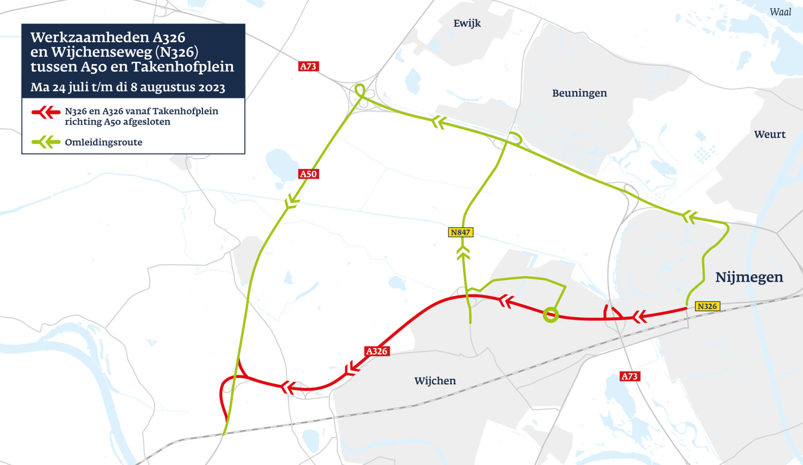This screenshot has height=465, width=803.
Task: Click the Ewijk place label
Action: click(x=467, y=23)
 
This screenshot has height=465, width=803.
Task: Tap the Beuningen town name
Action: click(x=580, y=94)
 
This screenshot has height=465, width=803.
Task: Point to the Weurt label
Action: click(x=769, y=135)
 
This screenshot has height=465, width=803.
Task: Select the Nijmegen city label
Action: click(x=749, y=277)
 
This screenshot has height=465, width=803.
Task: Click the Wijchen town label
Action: click(x=435, y=381)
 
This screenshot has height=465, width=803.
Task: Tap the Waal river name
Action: click(x=780, y=12)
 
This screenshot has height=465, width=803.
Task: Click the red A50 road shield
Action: click(x=309, y=174)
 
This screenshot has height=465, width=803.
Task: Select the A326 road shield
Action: click(x=377, y=351)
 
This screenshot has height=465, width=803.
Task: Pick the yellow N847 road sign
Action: click(x=460, y=233)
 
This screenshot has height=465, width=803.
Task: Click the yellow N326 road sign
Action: click(x=707, y=306)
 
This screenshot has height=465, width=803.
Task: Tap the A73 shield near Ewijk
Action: click(x=308, y=66)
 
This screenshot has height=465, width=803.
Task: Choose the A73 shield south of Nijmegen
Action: click(x=630, y=376)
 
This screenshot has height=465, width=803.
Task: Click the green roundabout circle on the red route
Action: click(x=551, y=314)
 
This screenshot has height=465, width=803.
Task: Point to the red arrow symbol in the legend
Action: click(x=46, y=112)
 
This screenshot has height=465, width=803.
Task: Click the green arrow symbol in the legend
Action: click(x=46, y=142)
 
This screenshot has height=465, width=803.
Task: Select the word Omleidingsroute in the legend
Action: click(x=103, y=143)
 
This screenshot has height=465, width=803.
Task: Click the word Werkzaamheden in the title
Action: click(x=90, y=38)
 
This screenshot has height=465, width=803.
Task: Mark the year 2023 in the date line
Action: click(x=212, y=87)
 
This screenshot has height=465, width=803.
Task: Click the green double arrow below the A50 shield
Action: click(x=292, y=202)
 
